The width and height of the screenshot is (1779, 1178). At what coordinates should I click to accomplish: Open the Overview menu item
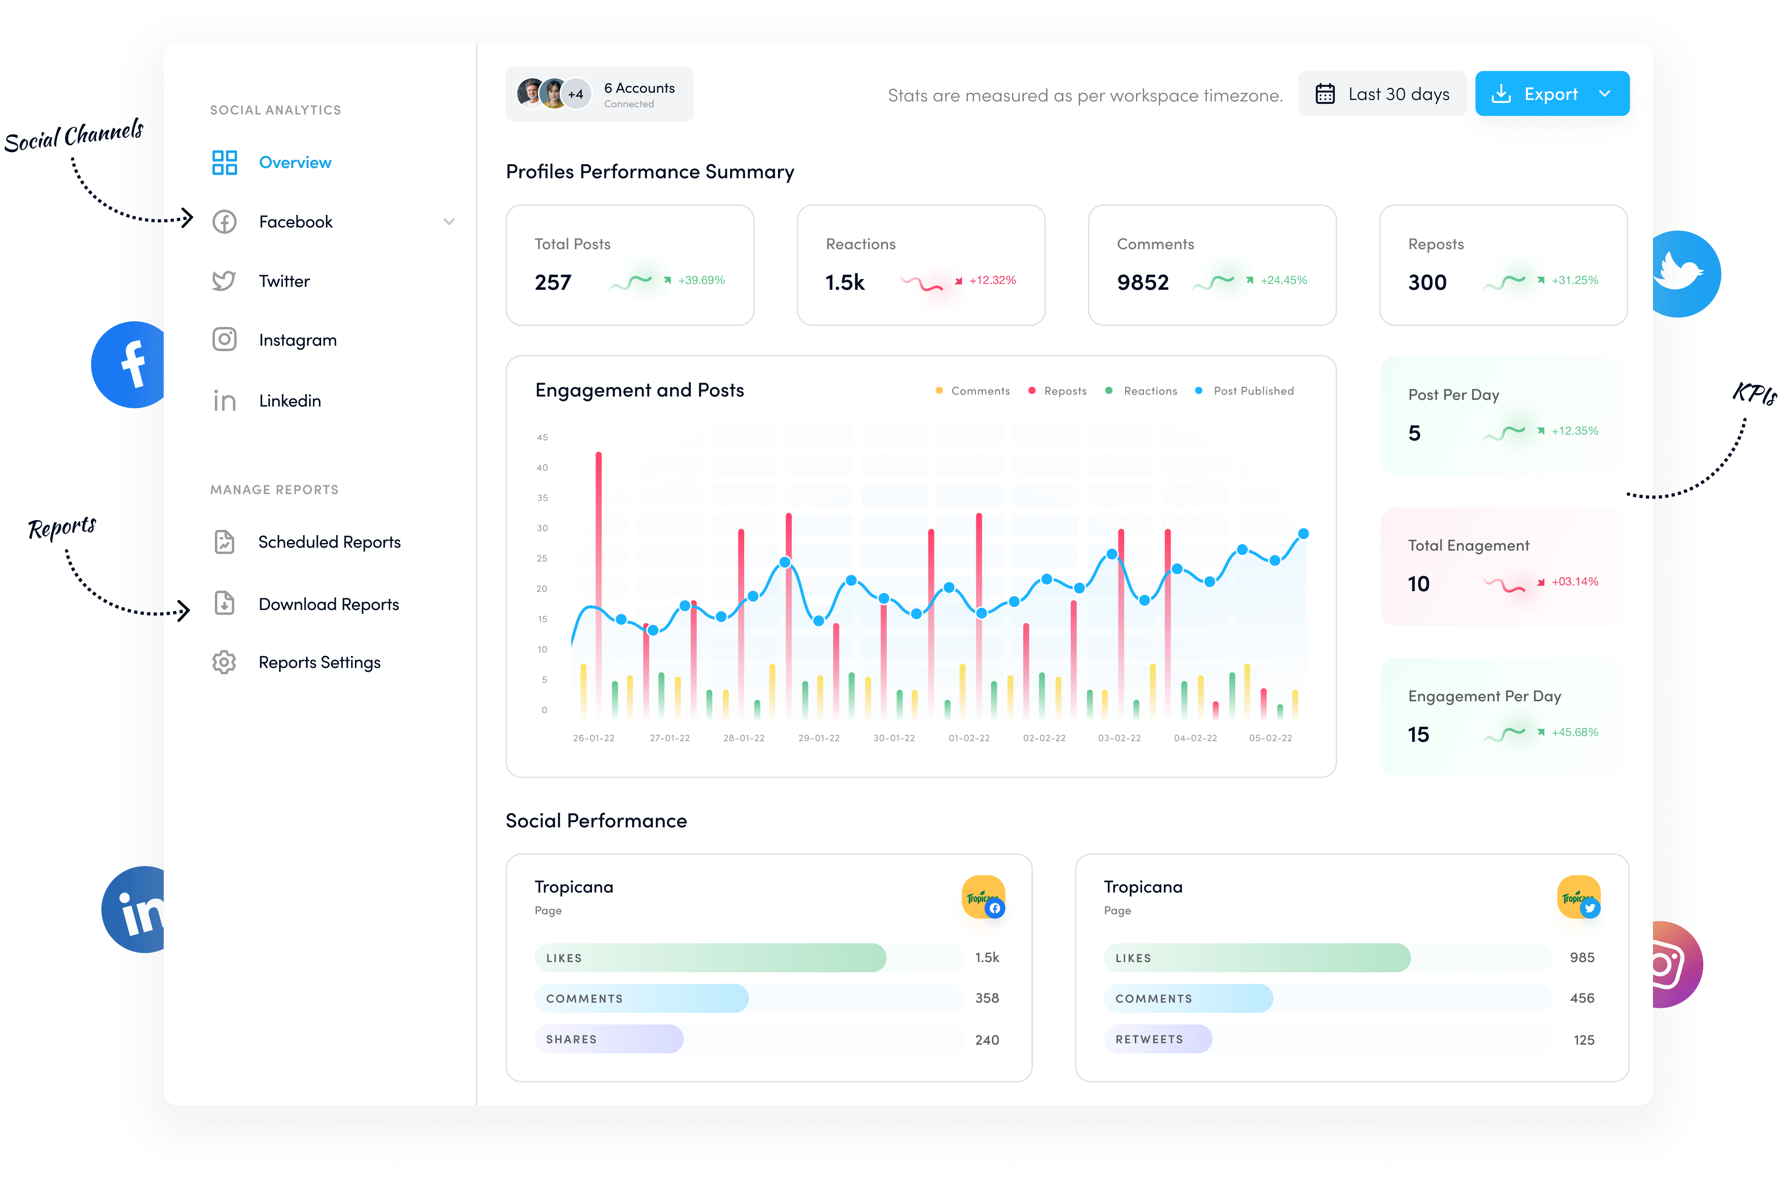tap(295, 162)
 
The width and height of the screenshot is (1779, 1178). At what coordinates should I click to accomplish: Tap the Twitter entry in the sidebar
tap(284, 281)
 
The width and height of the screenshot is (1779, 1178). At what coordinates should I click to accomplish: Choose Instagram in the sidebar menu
tap(297, 341)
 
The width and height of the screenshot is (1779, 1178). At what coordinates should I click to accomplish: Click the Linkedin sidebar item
tap(290, 401)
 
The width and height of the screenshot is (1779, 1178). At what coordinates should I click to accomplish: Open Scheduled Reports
tap(329, 542)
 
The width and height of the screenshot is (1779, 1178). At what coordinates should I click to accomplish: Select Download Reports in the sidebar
tap(328, 604)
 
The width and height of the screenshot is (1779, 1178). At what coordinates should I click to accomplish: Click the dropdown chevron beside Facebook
tap(449, 222)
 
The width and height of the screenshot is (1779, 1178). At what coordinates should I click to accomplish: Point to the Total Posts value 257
tap(553, 283)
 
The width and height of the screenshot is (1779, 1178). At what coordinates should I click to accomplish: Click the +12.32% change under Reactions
tap(992, 280)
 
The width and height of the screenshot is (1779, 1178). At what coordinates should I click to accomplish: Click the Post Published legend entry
tap(1253, 391)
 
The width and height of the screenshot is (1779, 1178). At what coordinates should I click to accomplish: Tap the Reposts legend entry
tap(1064, 391)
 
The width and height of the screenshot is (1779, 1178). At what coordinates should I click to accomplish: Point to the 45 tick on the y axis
tap(542, 437)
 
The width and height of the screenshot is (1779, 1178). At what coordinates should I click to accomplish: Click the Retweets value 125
tap(1584, 1040)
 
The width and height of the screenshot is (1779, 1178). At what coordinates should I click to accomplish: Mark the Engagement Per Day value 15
tap(1418, 734)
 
